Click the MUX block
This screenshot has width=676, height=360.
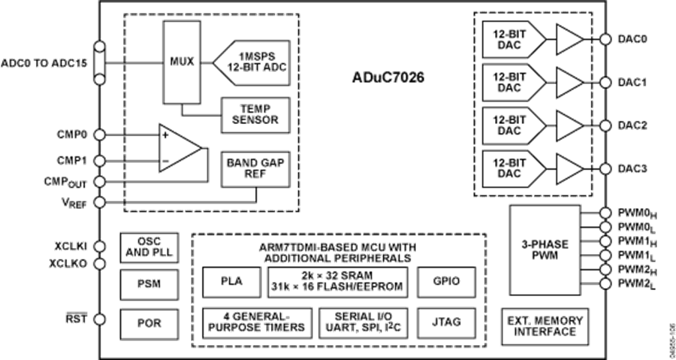pos(180,61)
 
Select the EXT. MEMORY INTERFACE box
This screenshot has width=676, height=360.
pos(546,325)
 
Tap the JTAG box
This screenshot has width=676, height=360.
pos(446,322)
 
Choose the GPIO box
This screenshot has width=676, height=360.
pos(446,282)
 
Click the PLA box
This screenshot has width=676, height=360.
pos(230,282)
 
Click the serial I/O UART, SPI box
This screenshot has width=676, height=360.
pos(363,322)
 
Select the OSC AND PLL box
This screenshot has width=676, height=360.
pos(149,247)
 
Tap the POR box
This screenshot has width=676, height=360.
pos(149,322)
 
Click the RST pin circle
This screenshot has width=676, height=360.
pos(100,319)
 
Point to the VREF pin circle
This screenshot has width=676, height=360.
pos(100,202)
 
